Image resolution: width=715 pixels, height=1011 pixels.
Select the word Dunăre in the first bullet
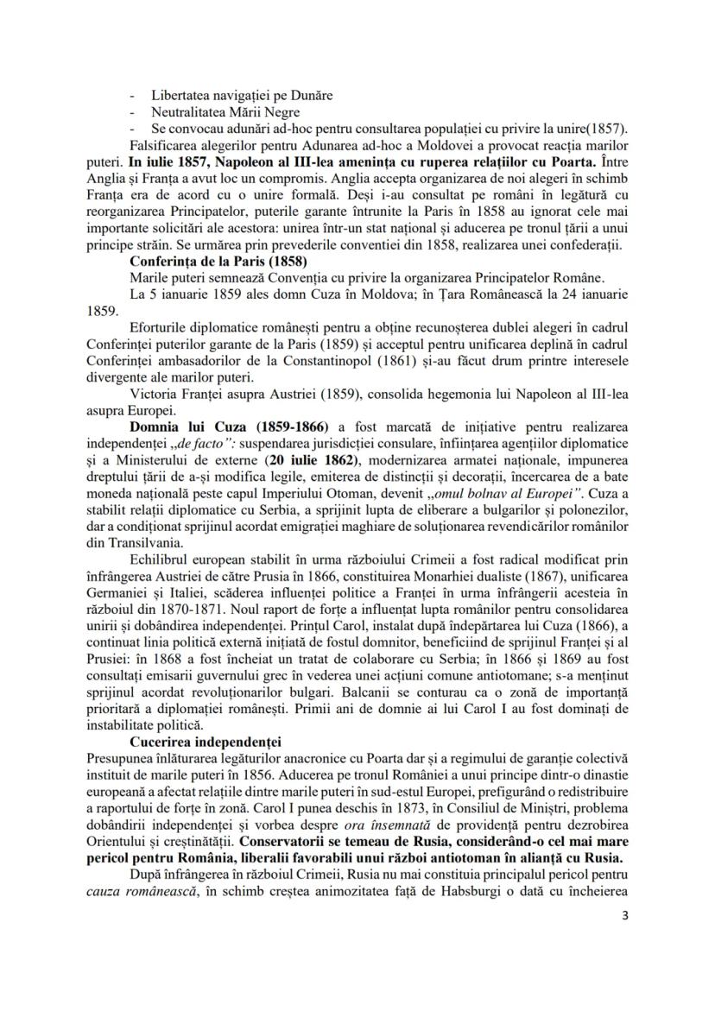pos(311,96)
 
